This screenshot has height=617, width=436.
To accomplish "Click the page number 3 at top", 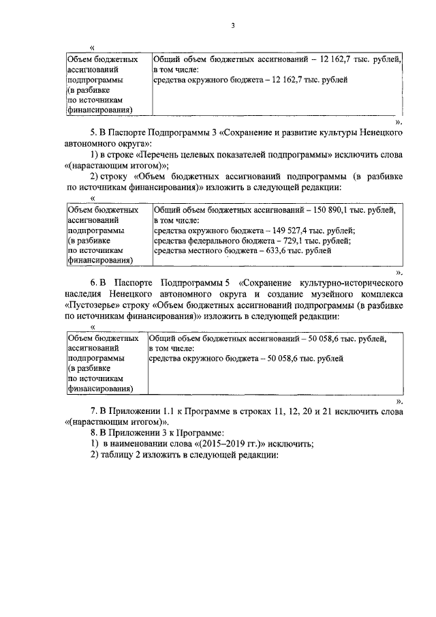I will [x=232, y=26].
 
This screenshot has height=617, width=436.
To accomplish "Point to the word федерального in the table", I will [x=211, y=241].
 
